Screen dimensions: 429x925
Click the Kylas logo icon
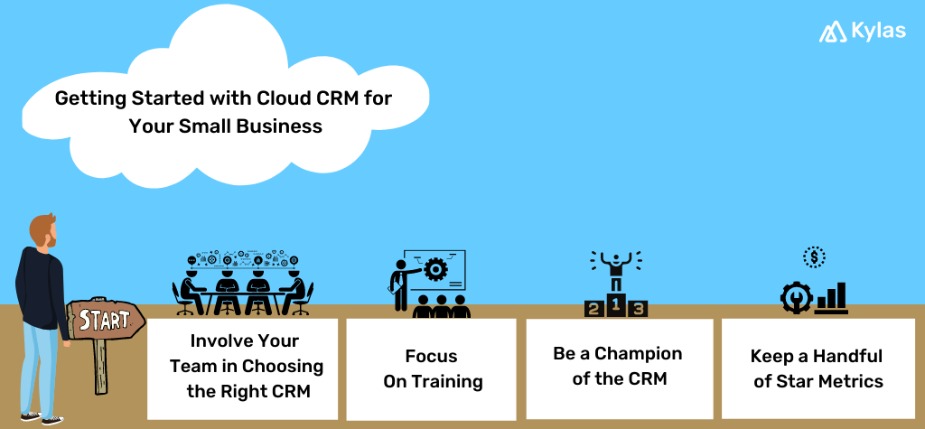click(x=832, y=32)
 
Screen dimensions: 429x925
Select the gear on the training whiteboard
click(x=435, y=269)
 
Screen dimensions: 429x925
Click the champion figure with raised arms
click(x=616, y=270)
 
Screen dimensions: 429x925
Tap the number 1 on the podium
click(x=616, y=305)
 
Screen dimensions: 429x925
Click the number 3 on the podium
click(x=639, y=310)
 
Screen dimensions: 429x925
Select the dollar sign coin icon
click(x=814, y=258)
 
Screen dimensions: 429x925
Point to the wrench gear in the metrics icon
click(x=796, y=297)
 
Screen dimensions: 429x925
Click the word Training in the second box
click(x=447, y=381)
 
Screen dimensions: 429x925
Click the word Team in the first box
click(x=192, y=366)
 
